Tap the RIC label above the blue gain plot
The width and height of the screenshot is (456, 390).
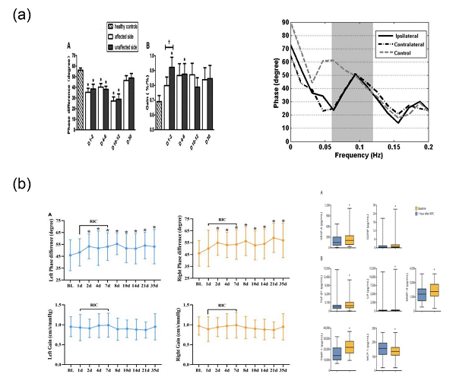pos(93,307)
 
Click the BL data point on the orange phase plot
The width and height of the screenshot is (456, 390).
pos(198,252)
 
